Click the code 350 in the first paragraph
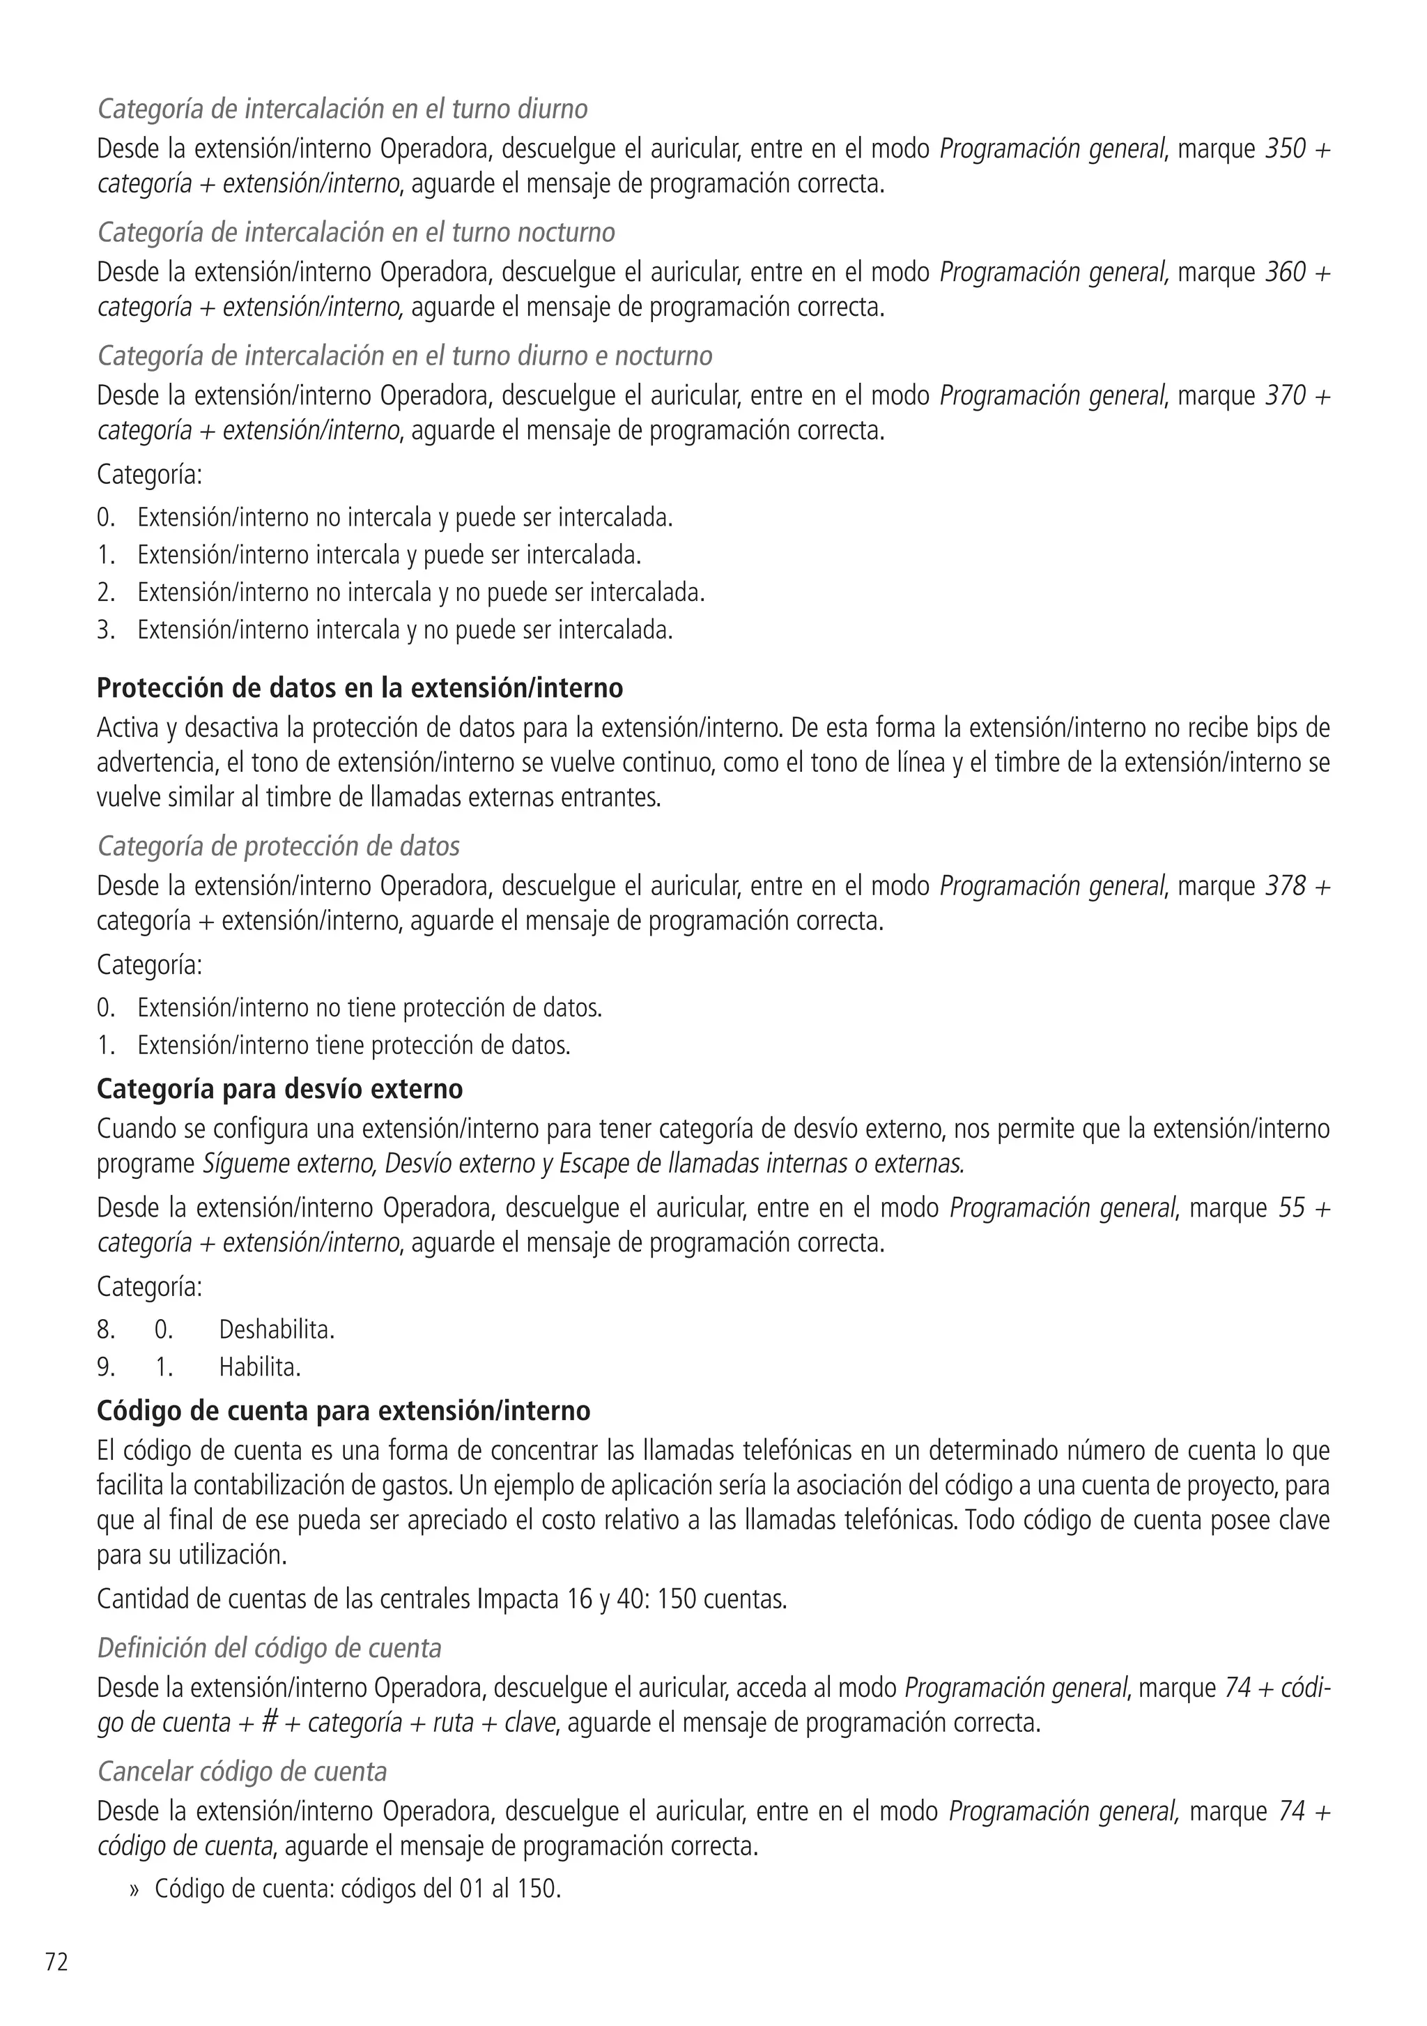click(1285, 149)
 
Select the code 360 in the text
click(1285, 273)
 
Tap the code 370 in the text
click(1285, 396)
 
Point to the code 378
click(1285, 886)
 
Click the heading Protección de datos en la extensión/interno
click(360, 687)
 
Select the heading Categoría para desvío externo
click(279, 1089)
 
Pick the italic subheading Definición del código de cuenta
click(269, 1648)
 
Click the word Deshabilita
click(276, 1329)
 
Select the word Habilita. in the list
click(259, 1367)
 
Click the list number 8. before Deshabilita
click(106, 1329)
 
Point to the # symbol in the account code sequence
click(270, 1723)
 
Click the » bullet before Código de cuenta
click(135, 1889)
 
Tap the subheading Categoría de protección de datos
click(278, 846)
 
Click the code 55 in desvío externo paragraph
click(1291, 1208)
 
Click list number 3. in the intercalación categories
click(106, 630)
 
